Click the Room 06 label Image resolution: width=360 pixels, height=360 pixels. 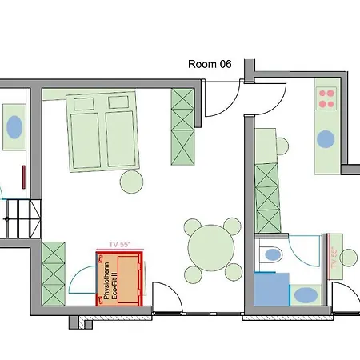pyautogui.click(x=210, y=64)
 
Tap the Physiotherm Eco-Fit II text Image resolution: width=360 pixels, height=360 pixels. pyautogui.click(x=110, y=281)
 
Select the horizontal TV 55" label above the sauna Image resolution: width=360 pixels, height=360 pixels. pyautogui.click(x=120, y=245)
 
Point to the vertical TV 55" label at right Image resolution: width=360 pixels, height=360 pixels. pyautogui.click(x=334, y=258)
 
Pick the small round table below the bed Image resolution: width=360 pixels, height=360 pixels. pyautogui.click(x=131, y=182)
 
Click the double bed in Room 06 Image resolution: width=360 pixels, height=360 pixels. pyautogui.click(x=103, y=131)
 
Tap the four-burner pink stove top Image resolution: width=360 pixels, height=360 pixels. pyautogui.click(x=326, y=98)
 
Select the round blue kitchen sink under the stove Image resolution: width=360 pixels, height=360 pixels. pyautogui.click(x=326, y=138)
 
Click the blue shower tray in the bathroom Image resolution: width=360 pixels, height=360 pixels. pyautogui.click(x=271, y=289)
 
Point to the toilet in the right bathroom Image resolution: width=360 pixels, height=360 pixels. pyautogui.click(x=271, y=255)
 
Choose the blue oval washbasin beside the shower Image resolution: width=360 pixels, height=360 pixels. pyautogui.click(x=306, y=295)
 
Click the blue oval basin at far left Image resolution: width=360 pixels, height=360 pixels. pyautogui.click(x=14, y=127)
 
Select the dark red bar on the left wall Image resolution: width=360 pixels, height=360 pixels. pyautogui.click(x=24, y=177)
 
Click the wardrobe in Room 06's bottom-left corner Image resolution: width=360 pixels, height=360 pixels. pyautogui.click(x=54, y=274)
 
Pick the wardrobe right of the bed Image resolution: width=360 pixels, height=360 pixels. pyautogui.click(x=182, y=126)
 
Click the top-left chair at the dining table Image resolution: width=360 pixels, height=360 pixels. pyautogui.click(x=193, y=227)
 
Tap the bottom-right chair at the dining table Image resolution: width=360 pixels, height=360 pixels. pyautogui.click(x=234, y=272)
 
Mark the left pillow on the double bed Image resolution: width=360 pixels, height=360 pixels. pyautogui.click(x=83, y=104)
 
